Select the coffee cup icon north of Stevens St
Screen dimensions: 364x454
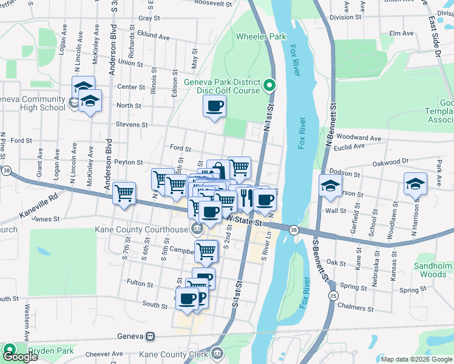[213, 107]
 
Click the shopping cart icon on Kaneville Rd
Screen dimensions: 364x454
[124, 193]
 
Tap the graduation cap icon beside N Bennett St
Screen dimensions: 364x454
[330, 185]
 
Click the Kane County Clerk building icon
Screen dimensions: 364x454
[218, 354]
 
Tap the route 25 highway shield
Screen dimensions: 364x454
[333, 295]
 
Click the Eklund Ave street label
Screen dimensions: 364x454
[153, 36]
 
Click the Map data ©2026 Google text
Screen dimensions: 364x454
[416, 359]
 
